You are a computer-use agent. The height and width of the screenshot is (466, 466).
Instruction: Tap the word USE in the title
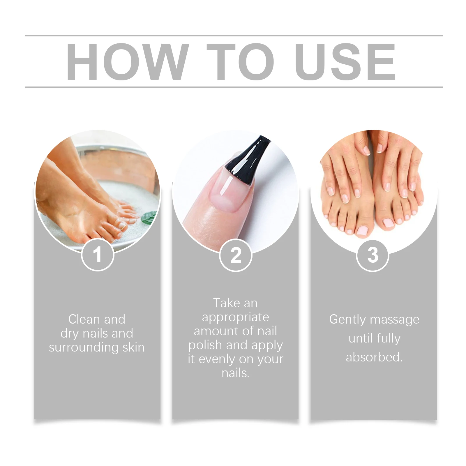pos(345,61)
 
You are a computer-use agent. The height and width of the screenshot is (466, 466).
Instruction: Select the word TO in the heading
pos(240,61)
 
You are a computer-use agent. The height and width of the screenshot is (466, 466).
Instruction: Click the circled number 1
pos(97,255)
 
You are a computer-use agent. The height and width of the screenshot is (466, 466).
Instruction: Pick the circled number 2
pos(235,255)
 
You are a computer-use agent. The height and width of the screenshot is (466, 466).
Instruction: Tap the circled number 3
pos(373,255)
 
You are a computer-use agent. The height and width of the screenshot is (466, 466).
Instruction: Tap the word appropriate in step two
pos(235,317)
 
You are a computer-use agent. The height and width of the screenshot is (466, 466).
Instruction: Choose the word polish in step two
pos(205,345)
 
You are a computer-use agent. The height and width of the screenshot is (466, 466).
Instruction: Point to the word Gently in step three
pos(347,320)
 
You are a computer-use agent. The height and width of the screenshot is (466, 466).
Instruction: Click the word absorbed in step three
pos(374,357)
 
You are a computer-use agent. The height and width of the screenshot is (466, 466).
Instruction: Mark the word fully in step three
pos(389,338)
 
